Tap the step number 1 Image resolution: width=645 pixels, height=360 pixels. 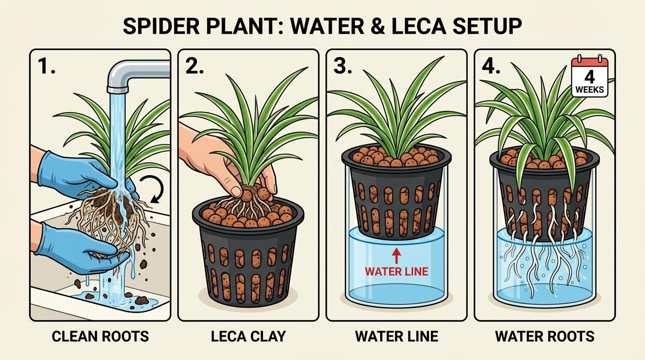coord(47,67)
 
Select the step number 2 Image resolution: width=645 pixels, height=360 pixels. coord(195,67)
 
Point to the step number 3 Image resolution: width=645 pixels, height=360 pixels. coord(343,67)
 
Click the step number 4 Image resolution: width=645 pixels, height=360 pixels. coord(491,67)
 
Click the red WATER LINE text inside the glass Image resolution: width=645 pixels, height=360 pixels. coord(396,271)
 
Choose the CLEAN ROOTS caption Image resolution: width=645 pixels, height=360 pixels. coord(100,336)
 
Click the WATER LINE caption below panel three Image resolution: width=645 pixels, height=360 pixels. coord(396,336)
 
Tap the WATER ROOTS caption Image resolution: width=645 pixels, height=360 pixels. coord(544,336)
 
